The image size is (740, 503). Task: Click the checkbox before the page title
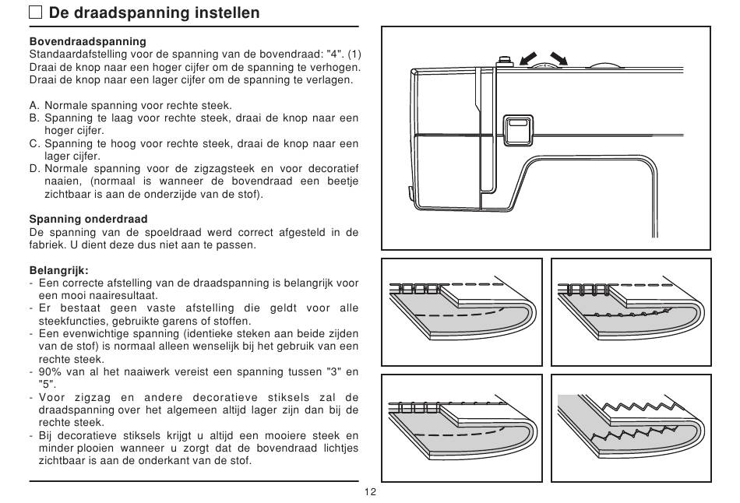pyautogui.click(x=36, y=13)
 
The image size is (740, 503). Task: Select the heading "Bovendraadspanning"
pyautogui.click(x=87, y=41)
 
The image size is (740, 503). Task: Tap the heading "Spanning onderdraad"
pyautogui.click(x=88, y=219)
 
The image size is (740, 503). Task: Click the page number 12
pyautogui.click(x=370, y=492)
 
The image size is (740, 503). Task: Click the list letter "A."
pyautogui.click(x=34, y=105)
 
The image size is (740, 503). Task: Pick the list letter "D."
pyautogui.click(x=34, y=168)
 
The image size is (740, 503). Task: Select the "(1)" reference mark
pyautogui.click(x=354, y=55)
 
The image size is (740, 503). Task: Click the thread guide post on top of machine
pyautogui.click(x=504, y=60)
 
